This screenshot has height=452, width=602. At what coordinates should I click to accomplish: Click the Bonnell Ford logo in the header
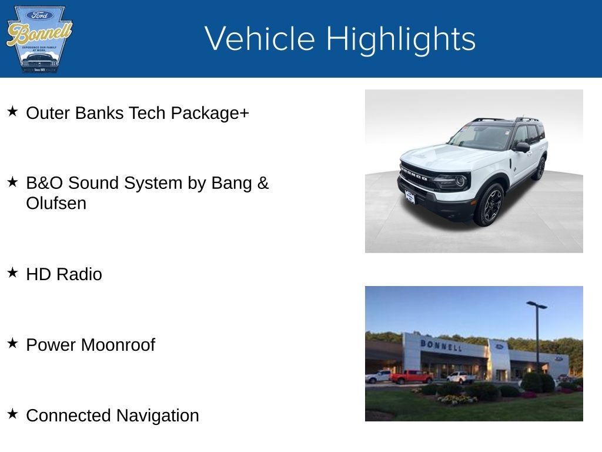(x=39, y=39)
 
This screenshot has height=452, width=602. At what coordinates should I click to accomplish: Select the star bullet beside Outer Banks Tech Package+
(x=12, y=111)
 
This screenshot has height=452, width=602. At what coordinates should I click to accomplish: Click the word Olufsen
(x=56, y=204)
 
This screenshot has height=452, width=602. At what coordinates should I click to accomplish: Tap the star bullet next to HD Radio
(x=12, y=272)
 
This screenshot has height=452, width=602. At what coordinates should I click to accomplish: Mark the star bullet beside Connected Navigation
(x=12, y=414)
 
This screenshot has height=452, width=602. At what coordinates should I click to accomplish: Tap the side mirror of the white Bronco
(x=521, y=147)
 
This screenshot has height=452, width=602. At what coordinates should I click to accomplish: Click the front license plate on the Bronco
(x=410, y=197)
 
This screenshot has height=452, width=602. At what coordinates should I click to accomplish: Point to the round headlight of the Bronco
(x=460, y=180)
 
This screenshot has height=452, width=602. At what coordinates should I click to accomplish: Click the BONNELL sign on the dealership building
(x=440, y=345)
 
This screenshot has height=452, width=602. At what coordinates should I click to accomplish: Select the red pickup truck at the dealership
(x=411, y=377)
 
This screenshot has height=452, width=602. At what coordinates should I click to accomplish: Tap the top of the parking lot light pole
(x=536, y=304)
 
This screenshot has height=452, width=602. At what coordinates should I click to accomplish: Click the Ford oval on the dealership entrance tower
(x=499, y=347)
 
